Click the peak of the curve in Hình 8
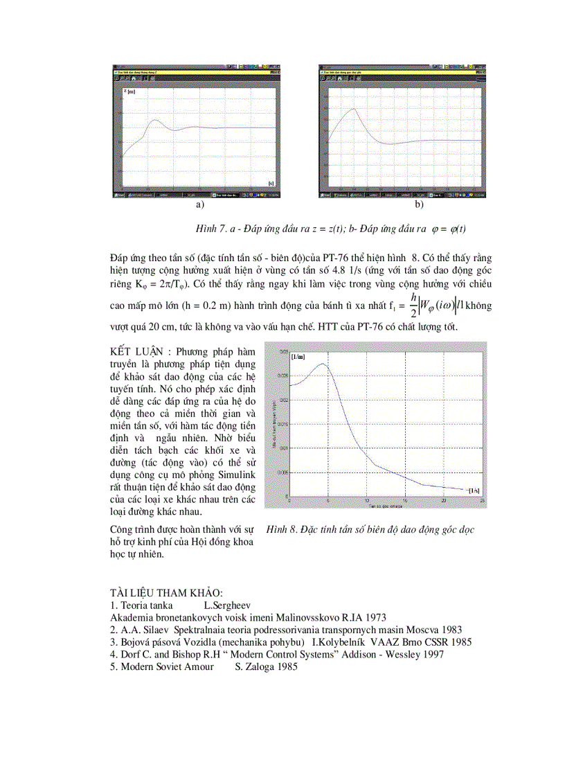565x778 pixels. tap(323, 364)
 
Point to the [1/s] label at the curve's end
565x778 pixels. tap(473, 490)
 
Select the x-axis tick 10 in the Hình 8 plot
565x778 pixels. tap(367, 501)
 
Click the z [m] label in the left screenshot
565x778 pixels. tap(129, 91)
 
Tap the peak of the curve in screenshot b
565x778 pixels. tap(354, 109)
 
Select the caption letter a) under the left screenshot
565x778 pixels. tap(200, 205)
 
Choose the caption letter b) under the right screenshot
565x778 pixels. tap(419, 205)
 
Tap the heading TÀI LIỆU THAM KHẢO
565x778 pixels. tap(166, 593)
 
